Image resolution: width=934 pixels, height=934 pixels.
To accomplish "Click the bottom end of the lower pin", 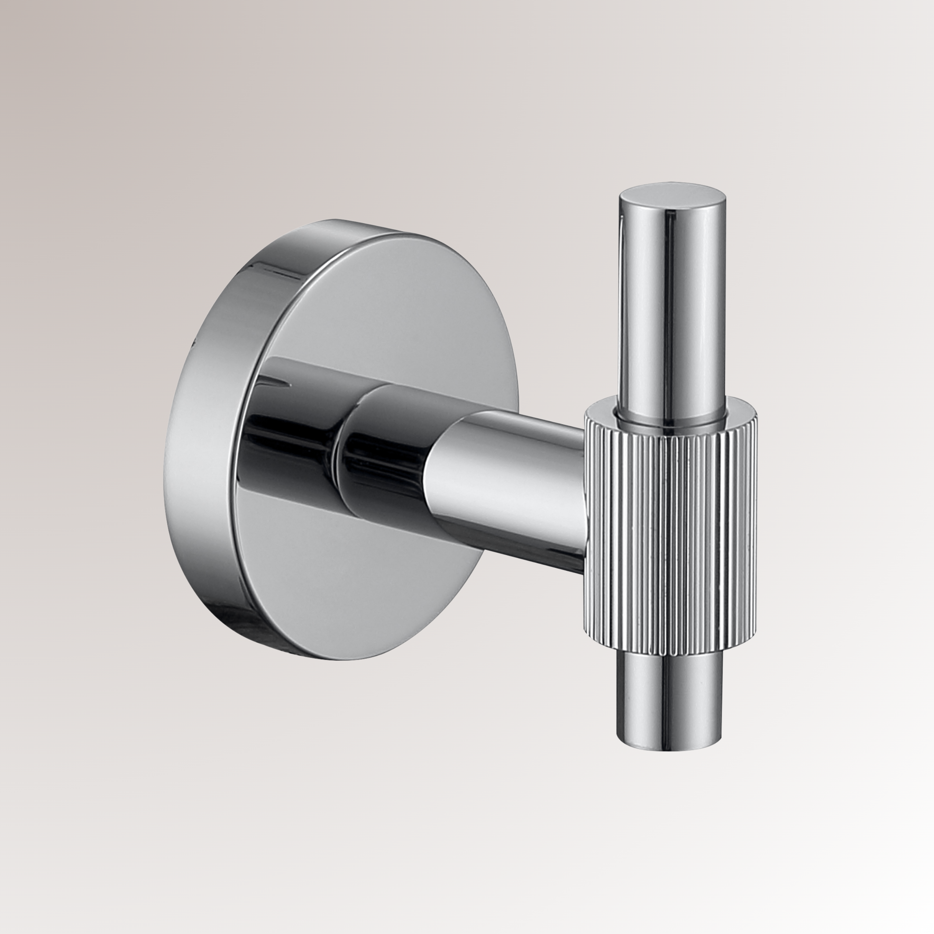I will [671, 748].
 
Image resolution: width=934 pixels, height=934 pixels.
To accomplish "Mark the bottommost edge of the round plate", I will [338, 658].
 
